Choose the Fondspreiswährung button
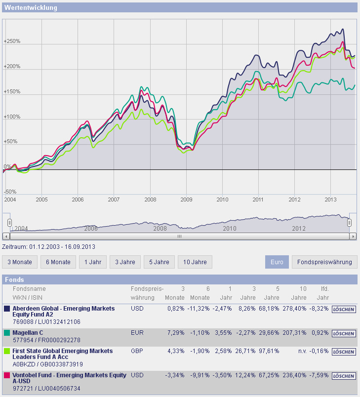coord(324,262)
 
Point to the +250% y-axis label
coord(11,41)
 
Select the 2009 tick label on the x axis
coord(186,199)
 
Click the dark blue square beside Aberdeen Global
coord(7,309)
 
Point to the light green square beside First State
coord(7,351)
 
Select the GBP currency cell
coord(137,351)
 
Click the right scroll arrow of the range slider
coord(353,236)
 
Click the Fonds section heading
coord(14,279)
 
